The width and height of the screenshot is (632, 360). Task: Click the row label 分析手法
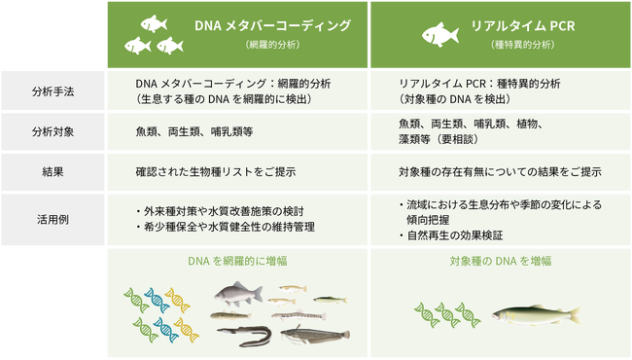pyautogui.click(x=54, y=92)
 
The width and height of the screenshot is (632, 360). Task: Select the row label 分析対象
pyautogui.click(x=54, y=131)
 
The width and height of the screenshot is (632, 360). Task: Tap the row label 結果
pyautogui.click(x=54, y=172)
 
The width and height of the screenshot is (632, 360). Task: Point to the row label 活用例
pyautogui.click(x=54, y=219)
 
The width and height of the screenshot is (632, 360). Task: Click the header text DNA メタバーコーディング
pyautogui.click(x=272, y=25)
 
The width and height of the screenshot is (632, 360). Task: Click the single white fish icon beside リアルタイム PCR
pyautogui.click(x=440, y=34)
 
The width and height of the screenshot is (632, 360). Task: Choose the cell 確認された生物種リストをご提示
pyautogui.click(x=215, y=172)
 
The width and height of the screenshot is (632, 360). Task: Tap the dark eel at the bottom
pyautogui.click(x=243, y=337)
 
